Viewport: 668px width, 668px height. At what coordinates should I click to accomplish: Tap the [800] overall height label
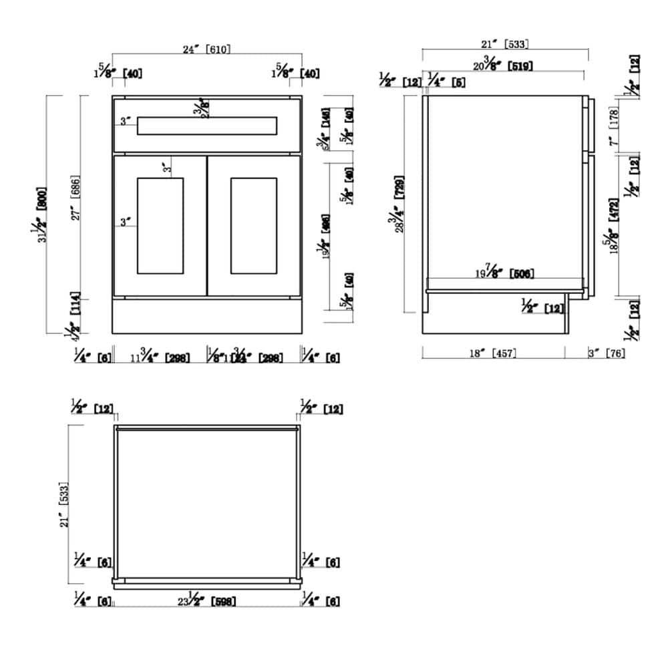pyautogui.click(x=42, y=198)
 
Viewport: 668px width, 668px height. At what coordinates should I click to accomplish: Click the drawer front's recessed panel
pyautogui.click(x=206, y=126)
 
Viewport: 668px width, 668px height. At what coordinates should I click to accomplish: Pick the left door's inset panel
pyautogui.click(x=160, y=225)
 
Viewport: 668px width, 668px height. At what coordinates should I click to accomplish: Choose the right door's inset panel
pyautogui.click(x=253, y=225)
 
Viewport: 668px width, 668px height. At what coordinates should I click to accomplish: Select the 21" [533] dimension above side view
pyautogui.click(x=505, y=44)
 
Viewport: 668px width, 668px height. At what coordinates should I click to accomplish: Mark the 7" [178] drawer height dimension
pyautogui.click(x=614, y=128)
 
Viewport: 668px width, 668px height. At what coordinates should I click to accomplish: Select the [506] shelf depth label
pyautogui.click(x=521, y=273)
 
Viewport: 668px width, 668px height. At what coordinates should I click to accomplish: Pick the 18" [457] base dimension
pyautogui.click(x=493, y=353)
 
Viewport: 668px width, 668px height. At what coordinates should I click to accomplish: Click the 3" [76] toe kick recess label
pyautogui.click(x=606, y=353)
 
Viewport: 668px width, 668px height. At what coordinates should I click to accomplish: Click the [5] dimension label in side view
pyautogui.click(x=458, y=81)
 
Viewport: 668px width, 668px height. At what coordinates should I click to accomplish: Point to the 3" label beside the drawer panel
pyautogui.click(x=126, y=122)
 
